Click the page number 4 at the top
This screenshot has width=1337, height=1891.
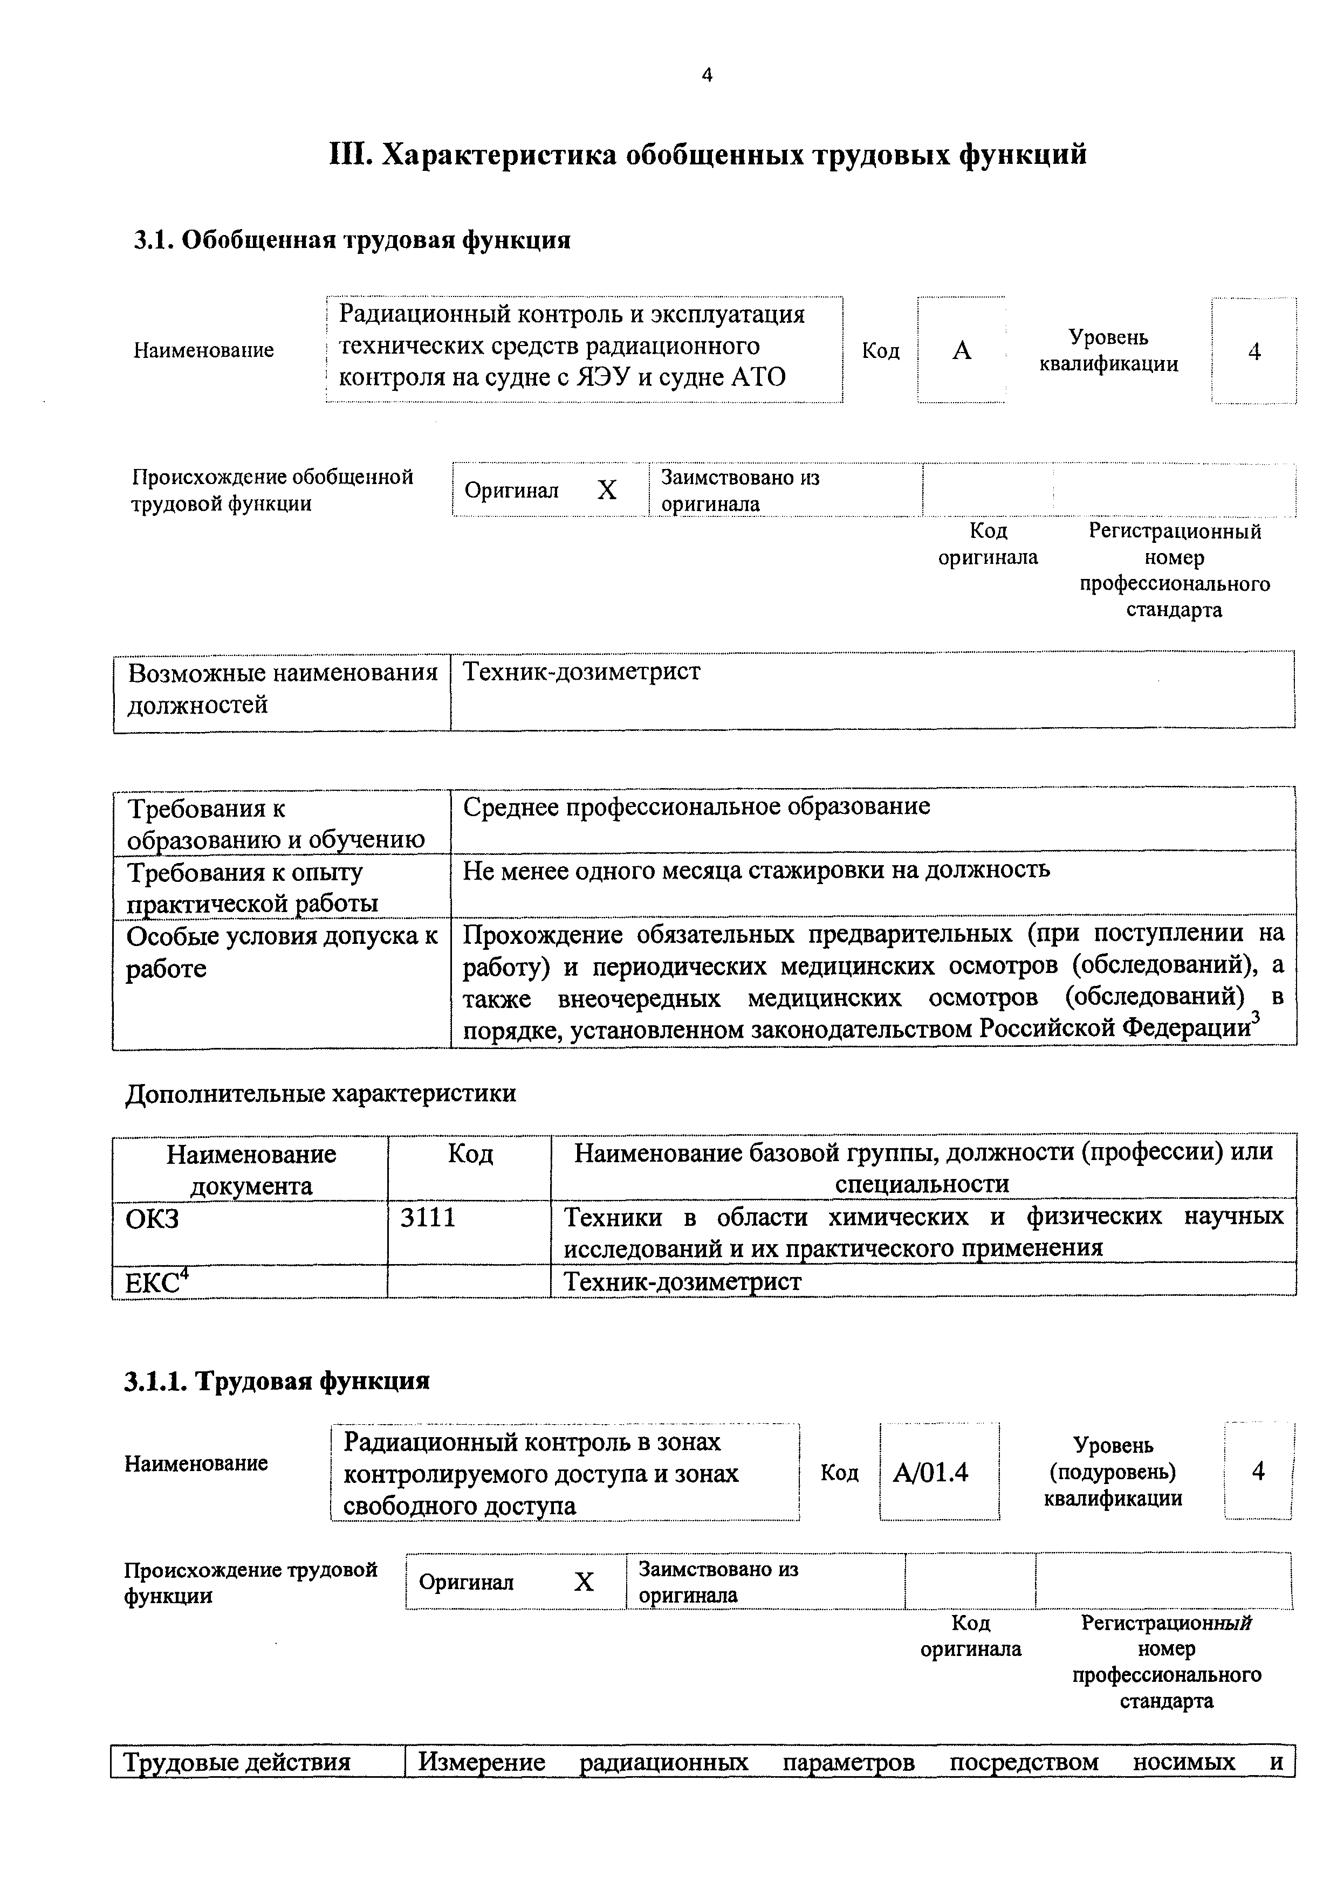coord(707,76)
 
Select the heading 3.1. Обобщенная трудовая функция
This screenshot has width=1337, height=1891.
coord(352,240)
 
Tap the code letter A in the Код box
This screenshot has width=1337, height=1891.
coord(961,351)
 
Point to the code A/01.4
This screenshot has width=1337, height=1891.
coord(931,1472)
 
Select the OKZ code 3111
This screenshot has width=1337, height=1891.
coord(428,1217)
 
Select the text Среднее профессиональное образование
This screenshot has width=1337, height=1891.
coord(696,806)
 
